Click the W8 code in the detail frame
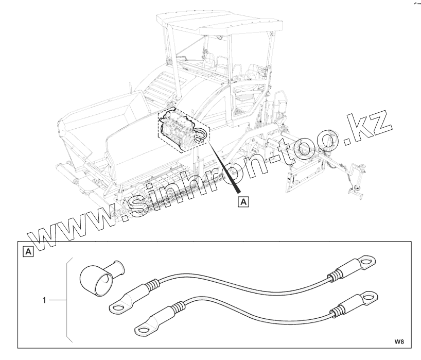pyautogui.click(x=400, y=341)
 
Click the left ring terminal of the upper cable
pyautogui.click(x=118, y=308)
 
